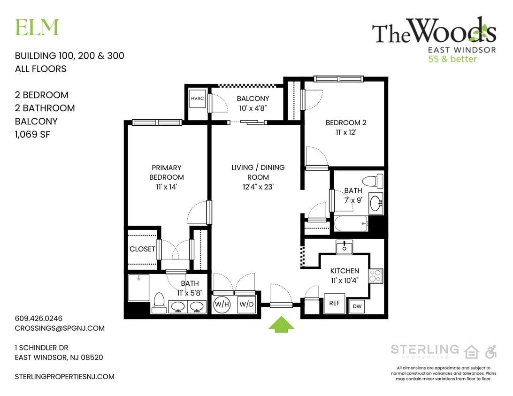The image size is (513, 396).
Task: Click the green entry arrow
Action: coord(281,324)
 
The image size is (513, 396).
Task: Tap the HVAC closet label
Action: coord(196,99)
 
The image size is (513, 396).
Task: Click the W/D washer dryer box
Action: coord(246,304)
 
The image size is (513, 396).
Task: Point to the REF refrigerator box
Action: coord(334,304)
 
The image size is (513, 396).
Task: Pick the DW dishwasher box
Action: coord(357,307)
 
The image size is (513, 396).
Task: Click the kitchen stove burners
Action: coord(375,275)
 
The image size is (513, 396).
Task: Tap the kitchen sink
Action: coord(345,247)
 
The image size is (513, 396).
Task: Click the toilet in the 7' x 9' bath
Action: coord(375,181)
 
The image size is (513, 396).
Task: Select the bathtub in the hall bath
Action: coord(352,223)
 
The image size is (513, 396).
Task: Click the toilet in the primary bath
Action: coord(159,302)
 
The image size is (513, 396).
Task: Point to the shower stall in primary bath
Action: coord(138,287)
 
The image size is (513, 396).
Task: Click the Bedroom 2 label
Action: coord(346,123)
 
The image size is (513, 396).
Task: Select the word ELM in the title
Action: coord(37,28)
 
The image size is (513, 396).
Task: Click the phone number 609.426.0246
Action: coord(38,318)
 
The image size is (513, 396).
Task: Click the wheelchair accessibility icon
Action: coord(491,351)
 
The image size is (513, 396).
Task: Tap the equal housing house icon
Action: coord(471,351)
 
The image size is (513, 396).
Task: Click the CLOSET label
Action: coord(142,249)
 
